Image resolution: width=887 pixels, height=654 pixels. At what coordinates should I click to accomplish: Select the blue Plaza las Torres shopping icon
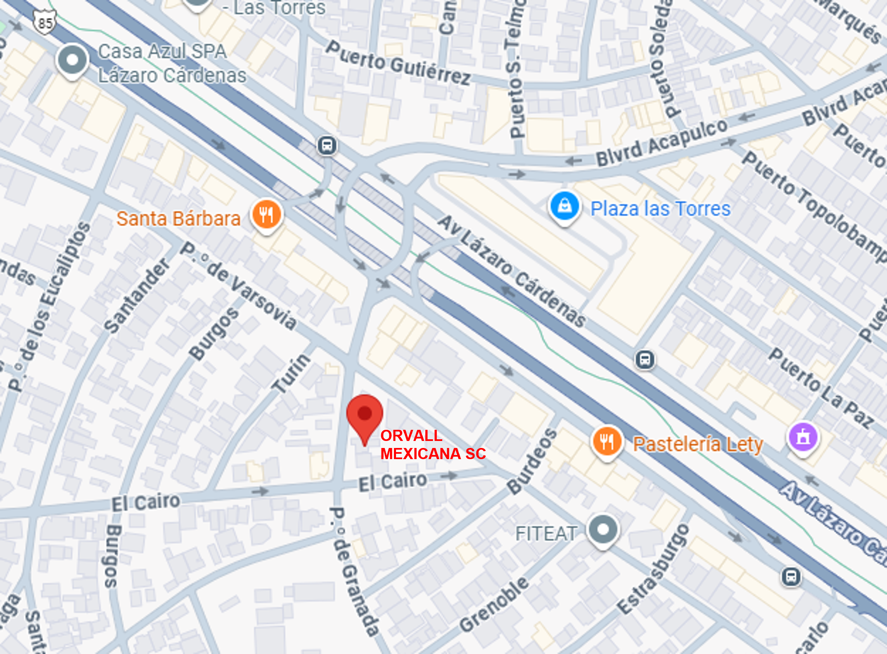pyautogui.click(x=564, y=206)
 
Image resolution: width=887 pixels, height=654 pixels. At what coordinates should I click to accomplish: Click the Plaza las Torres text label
pyautogui.click(x=660, y=209)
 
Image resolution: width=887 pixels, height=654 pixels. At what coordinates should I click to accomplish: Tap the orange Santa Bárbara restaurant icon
pyautogui.click(x=267, y=215)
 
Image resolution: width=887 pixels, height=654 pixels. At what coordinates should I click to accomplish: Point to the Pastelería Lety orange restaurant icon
pyautogui.click(x=607, y=442)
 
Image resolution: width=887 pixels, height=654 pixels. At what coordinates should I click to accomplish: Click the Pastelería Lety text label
pyautogui.click(x=698, y=445)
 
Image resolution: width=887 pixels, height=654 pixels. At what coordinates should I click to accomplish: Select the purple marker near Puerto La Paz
pyautogui.click(x=803, y=437)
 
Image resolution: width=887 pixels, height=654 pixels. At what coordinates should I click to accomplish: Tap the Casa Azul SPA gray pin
pyautogui.click(x=72, y=61)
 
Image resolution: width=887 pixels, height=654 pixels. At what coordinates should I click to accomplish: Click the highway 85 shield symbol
pyautogui.click(x=45, y=23)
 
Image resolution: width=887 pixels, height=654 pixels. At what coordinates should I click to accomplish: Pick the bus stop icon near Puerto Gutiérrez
pyautogui.click(x=327, y=146)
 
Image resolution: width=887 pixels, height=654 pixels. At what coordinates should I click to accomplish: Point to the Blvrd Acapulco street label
pyautogui.click(x=661, y=142)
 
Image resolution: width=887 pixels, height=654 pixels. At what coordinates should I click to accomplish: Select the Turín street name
pyautogui.click(x=292, y=374)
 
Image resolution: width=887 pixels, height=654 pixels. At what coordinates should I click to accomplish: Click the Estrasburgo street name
pyautogui.click(x=653, y=569)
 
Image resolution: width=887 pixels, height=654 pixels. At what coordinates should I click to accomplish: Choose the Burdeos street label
pyautogui.click(x=532, y=462)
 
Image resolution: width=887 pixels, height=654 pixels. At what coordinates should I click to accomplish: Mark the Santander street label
pyautogui.click(x=137, y=296)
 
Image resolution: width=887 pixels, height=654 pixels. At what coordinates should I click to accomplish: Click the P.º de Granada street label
pyautogui.click(x=353, y=571)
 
